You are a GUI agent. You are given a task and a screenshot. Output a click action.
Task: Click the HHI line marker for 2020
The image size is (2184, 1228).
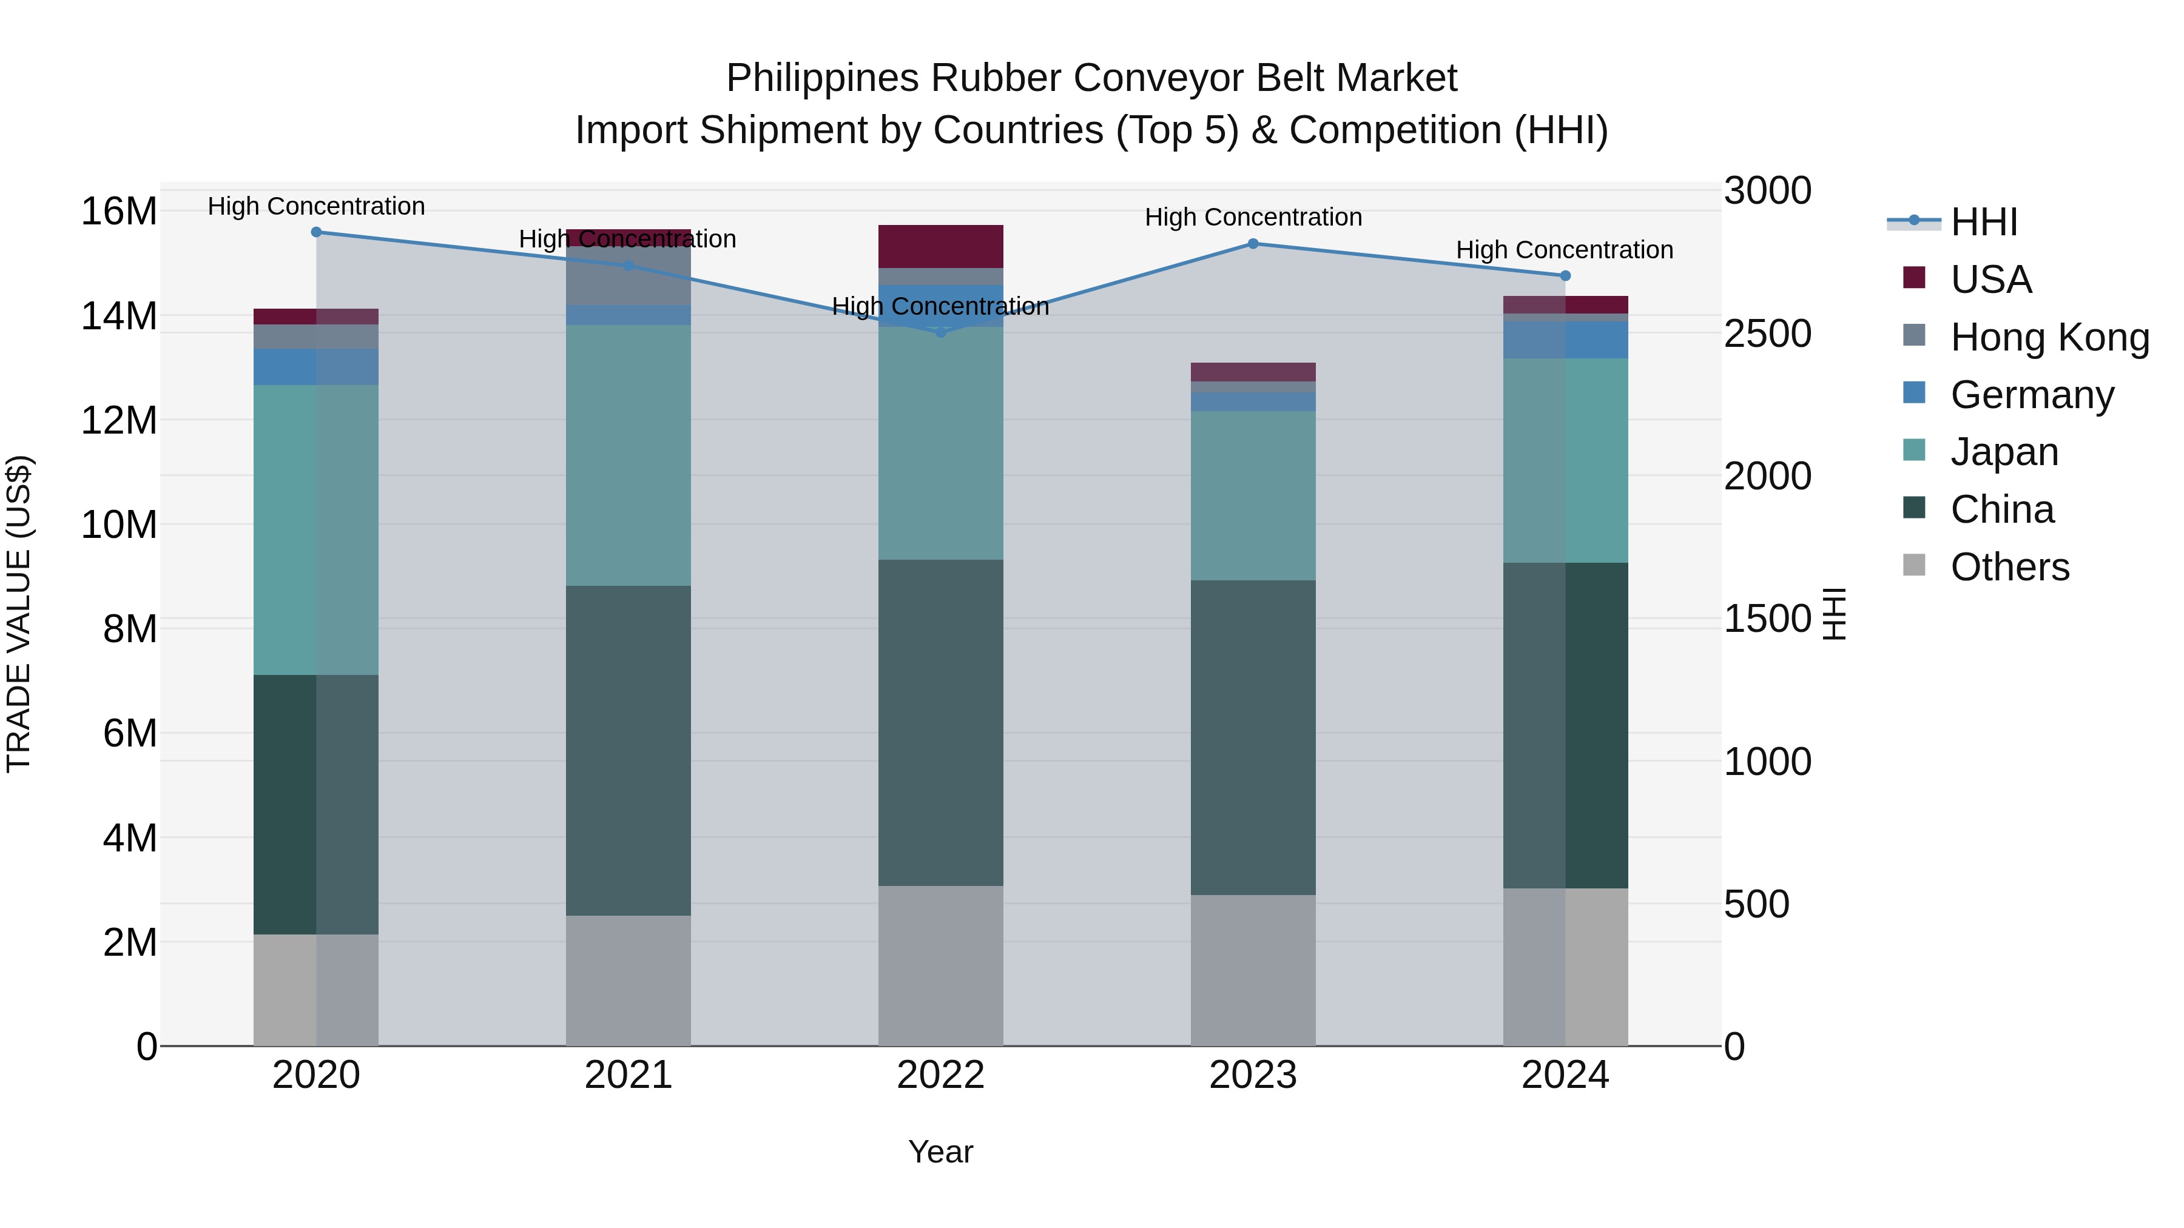(x=316, y=232)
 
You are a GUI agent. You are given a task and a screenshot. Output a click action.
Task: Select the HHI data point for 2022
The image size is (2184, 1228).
(x=940, y=332)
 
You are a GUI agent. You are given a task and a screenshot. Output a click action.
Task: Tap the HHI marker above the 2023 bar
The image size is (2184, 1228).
(x=1253, y=244)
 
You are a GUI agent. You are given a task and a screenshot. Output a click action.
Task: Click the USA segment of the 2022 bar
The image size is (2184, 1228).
(x=940, y=247)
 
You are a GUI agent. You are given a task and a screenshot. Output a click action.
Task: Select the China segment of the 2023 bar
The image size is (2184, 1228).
(x=1253, y=737)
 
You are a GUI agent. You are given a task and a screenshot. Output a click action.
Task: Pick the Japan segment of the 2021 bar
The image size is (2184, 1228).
(x=629, y=455)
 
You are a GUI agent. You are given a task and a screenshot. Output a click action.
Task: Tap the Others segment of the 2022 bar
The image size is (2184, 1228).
(x=940, y=966)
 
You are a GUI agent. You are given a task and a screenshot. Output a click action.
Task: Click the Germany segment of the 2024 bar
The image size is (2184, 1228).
(x=1565, y=340)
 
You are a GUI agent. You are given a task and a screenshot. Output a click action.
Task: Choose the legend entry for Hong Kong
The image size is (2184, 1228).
(x=2049, y=337)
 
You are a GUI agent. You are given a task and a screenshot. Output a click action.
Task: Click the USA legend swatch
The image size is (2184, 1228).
(x=1913, y=278)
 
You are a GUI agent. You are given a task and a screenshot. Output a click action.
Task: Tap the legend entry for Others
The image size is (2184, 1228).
(x=2009, y=567)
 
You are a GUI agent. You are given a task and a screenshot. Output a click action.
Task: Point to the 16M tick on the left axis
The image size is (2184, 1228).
(x=119, y=211)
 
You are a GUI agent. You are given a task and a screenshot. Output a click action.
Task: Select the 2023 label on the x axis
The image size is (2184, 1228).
(x=1253, y=1075)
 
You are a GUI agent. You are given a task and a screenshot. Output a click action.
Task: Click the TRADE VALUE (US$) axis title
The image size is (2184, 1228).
(x=19, y=614)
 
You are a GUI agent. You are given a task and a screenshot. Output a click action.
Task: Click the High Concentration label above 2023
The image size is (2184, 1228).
(x=1253, y=218)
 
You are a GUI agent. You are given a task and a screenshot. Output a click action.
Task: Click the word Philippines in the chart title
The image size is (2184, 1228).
(x=823, y=79)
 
